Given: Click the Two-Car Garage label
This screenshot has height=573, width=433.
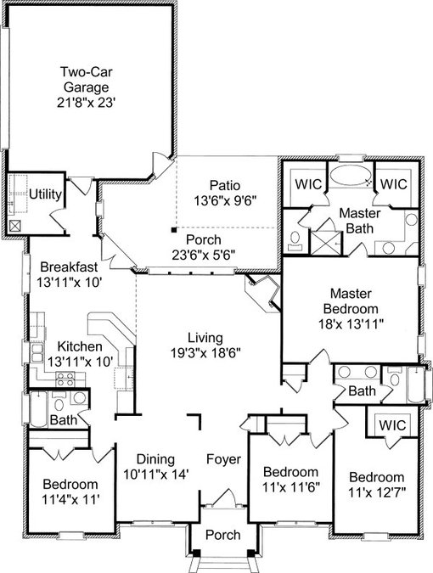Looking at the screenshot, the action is (x=87, y=79).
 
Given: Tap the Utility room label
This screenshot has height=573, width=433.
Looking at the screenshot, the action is (x=45, y=194).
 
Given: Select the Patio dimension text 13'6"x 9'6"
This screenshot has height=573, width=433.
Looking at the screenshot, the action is (x=224, y=200).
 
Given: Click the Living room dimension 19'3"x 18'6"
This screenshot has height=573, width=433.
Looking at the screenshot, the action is (x=205, y=353).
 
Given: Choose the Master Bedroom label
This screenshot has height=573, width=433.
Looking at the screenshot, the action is (x=351, y=301).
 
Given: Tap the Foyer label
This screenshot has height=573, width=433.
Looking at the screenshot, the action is (x=223, y=459).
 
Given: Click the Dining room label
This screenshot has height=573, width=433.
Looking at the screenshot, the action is (x=155, y=459).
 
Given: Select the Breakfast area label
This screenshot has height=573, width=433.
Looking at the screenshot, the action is (x=69, y=267).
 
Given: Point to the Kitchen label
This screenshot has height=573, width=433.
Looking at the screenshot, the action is (x=80, y=346).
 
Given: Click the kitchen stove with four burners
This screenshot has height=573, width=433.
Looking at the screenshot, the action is (x=65, y=379).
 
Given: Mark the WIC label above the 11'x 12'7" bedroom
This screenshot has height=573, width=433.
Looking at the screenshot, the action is (x=392, y=425).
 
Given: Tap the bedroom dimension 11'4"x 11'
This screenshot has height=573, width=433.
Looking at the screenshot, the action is (x=70, y=499).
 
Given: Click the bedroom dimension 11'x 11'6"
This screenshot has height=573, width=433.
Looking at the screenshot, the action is (x=291, y=486).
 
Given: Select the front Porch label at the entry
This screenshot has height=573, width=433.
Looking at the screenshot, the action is (x=223, y=535).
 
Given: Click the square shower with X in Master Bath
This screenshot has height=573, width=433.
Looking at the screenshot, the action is (x=325, y=243).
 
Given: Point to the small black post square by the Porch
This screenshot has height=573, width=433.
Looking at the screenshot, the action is (x=174, y=230).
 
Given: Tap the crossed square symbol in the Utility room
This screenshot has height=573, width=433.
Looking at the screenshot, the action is (x=15, y=226).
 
